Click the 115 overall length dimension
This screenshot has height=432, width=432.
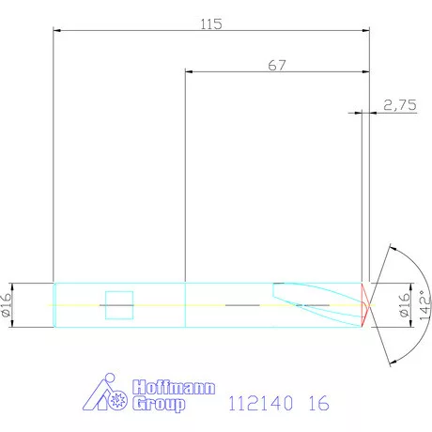pyautogui.click(x=211, y=23)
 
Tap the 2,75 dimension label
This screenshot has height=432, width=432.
pyautogui.click(x=400, y=106)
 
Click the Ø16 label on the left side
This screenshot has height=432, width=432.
pyautogui.click(x=7, y=305)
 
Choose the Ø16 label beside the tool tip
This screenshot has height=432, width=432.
pyautogui.click(x=406, y=305)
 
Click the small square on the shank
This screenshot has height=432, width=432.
pyautogui.click(x=119, y=305)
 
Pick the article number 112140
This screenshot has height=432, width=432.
pyautogui.click(x=262, y=405)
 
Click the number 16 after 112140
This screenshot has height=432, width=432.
pyautogui.click(x=318, y=405)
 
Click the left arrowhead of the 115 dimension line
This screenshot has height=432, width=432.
pyautogui.click(x=57, y=31)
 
